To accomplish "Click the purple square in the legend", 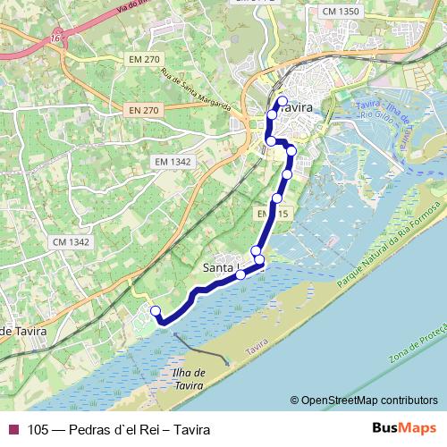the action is point(13,429).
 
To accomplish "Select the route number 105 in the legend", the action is point(38,429).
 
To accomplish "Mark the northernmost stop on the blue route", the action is point(282,101).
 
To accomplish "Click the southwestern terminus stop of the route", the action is point(155,311).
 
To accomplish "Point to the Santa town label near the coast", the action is point(220,266).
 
